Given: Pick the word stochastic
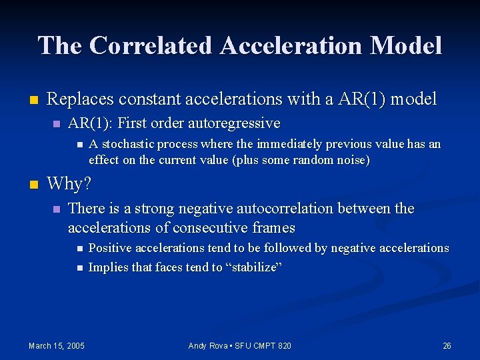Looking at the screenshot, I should (127, 144).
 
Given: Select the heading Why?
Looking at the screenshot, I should (69, 183).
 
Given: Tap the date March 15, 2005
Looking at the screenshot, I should (57, 345).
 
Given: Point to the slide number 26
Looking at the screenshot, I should (447, 345).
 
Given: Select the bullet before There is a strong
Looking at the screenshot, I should (57, 209).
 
